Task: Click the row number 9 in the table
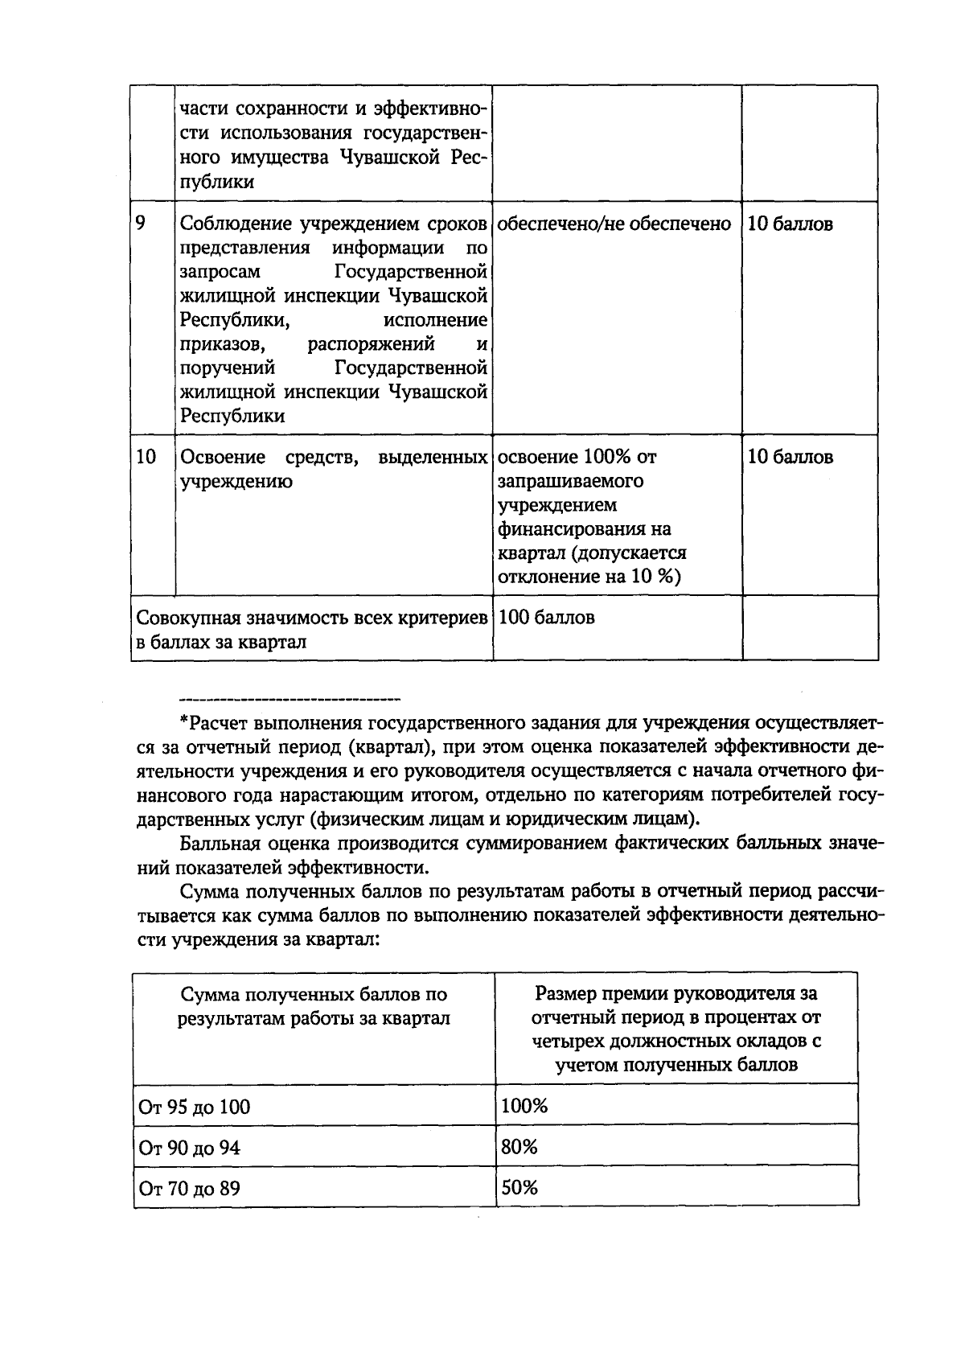tap(141, 223)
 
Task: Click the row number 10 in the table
tap(146, 457)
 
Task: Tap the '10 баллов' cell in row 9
tap(790, 224)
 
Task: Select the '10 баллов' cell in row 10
tap(790, 457)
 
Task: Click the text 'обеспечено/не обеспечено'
tap(614, 224)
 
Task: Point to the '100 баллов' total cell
tap(547, 618)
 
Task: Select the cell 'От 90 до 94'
tap(189, 1148)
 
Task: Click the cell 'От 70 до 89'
tap(189, 1188)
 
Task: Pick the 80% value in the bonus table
tap(519, 1147)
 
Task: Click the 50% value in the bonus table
tap(519, 1187)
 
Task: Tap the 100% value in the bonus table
tap(524, 1106)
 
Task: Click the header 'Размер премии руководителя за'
tap(675, 994)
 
